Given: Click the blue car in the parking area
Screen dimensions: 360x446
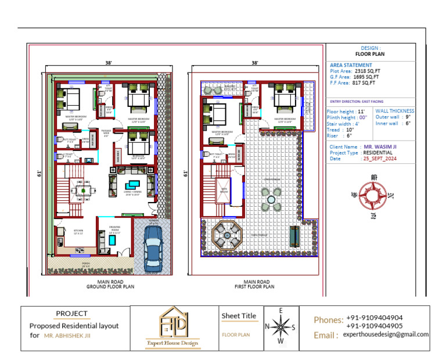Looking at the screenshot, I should [x=153, y=244].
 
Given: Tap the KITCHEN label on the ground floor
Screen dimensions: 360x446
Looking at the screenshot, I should [x=78, y=231].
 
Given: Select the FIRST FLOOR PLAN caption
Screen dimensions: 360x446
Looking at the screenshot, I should [x=255, y=286].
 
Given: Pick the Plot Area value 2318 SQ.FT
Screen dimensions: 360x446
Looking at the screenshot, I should [x=367, y=71].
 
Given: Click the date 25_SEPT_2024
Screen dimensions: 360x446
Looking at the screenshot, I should [x=380, y=159].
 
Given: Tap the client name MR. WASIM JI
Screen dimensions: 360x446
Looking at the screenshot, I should [x=383, y=147].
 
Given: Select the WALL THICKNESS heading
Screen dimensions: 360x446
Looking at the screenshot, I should [x=394, y=110].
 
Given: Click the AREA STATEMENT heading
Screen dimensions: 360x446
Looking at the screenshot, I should [x=351, y=65].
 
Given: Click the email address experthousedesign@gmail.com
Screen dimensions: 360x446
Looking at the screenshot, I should [x=386, y=334].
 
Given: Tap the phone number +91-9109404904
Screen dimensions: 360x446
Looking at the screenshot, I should [x=374, y=318].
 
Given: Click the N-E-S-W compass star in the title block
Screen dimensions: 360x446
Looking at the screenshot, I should [x=281, y=327].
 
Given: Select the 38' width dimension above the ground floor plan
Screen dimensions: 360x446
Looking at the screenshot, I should [x=108, y=63].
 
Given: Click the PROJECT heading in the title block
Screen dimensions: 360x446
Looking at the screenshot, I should [x=71, y=314].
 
